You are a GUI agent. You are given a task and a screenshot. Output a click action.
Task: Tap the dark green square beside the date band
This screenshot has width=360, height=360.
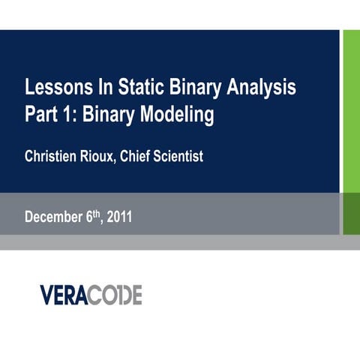pos(350,213)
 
